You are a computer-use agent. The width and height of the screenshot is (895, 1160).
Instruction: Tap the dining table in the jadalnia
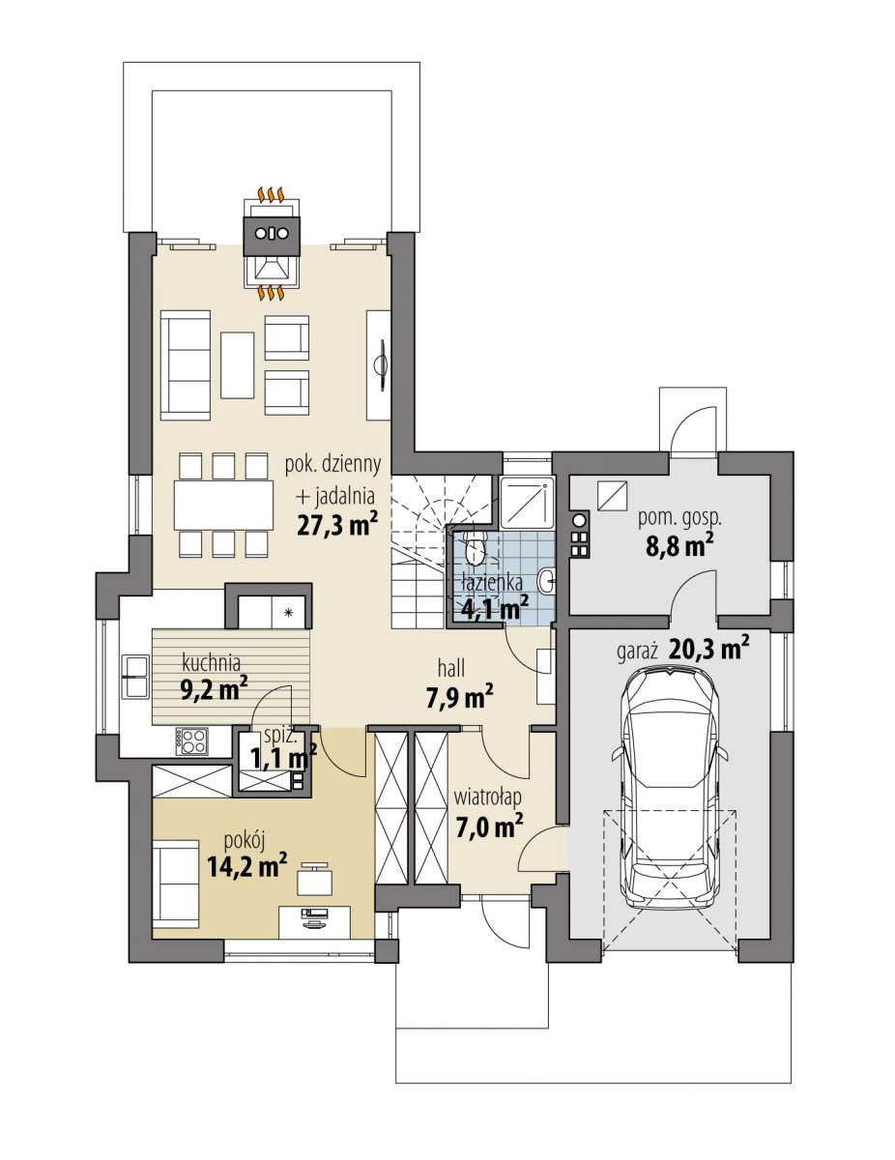tap(223, 505)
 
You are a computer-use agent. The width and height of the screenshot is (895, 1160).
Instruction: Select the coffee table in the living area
tap(238, 364)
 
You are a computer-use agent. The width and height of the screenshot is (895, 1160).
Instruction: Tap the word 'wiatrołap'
tap(487, 812)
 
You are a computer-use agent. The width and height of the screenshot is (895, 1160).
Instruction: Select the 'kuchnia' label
tap(212, 662)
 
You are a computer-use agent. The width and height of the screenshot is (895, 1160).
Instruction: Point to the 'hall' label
tap(451, 667)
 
